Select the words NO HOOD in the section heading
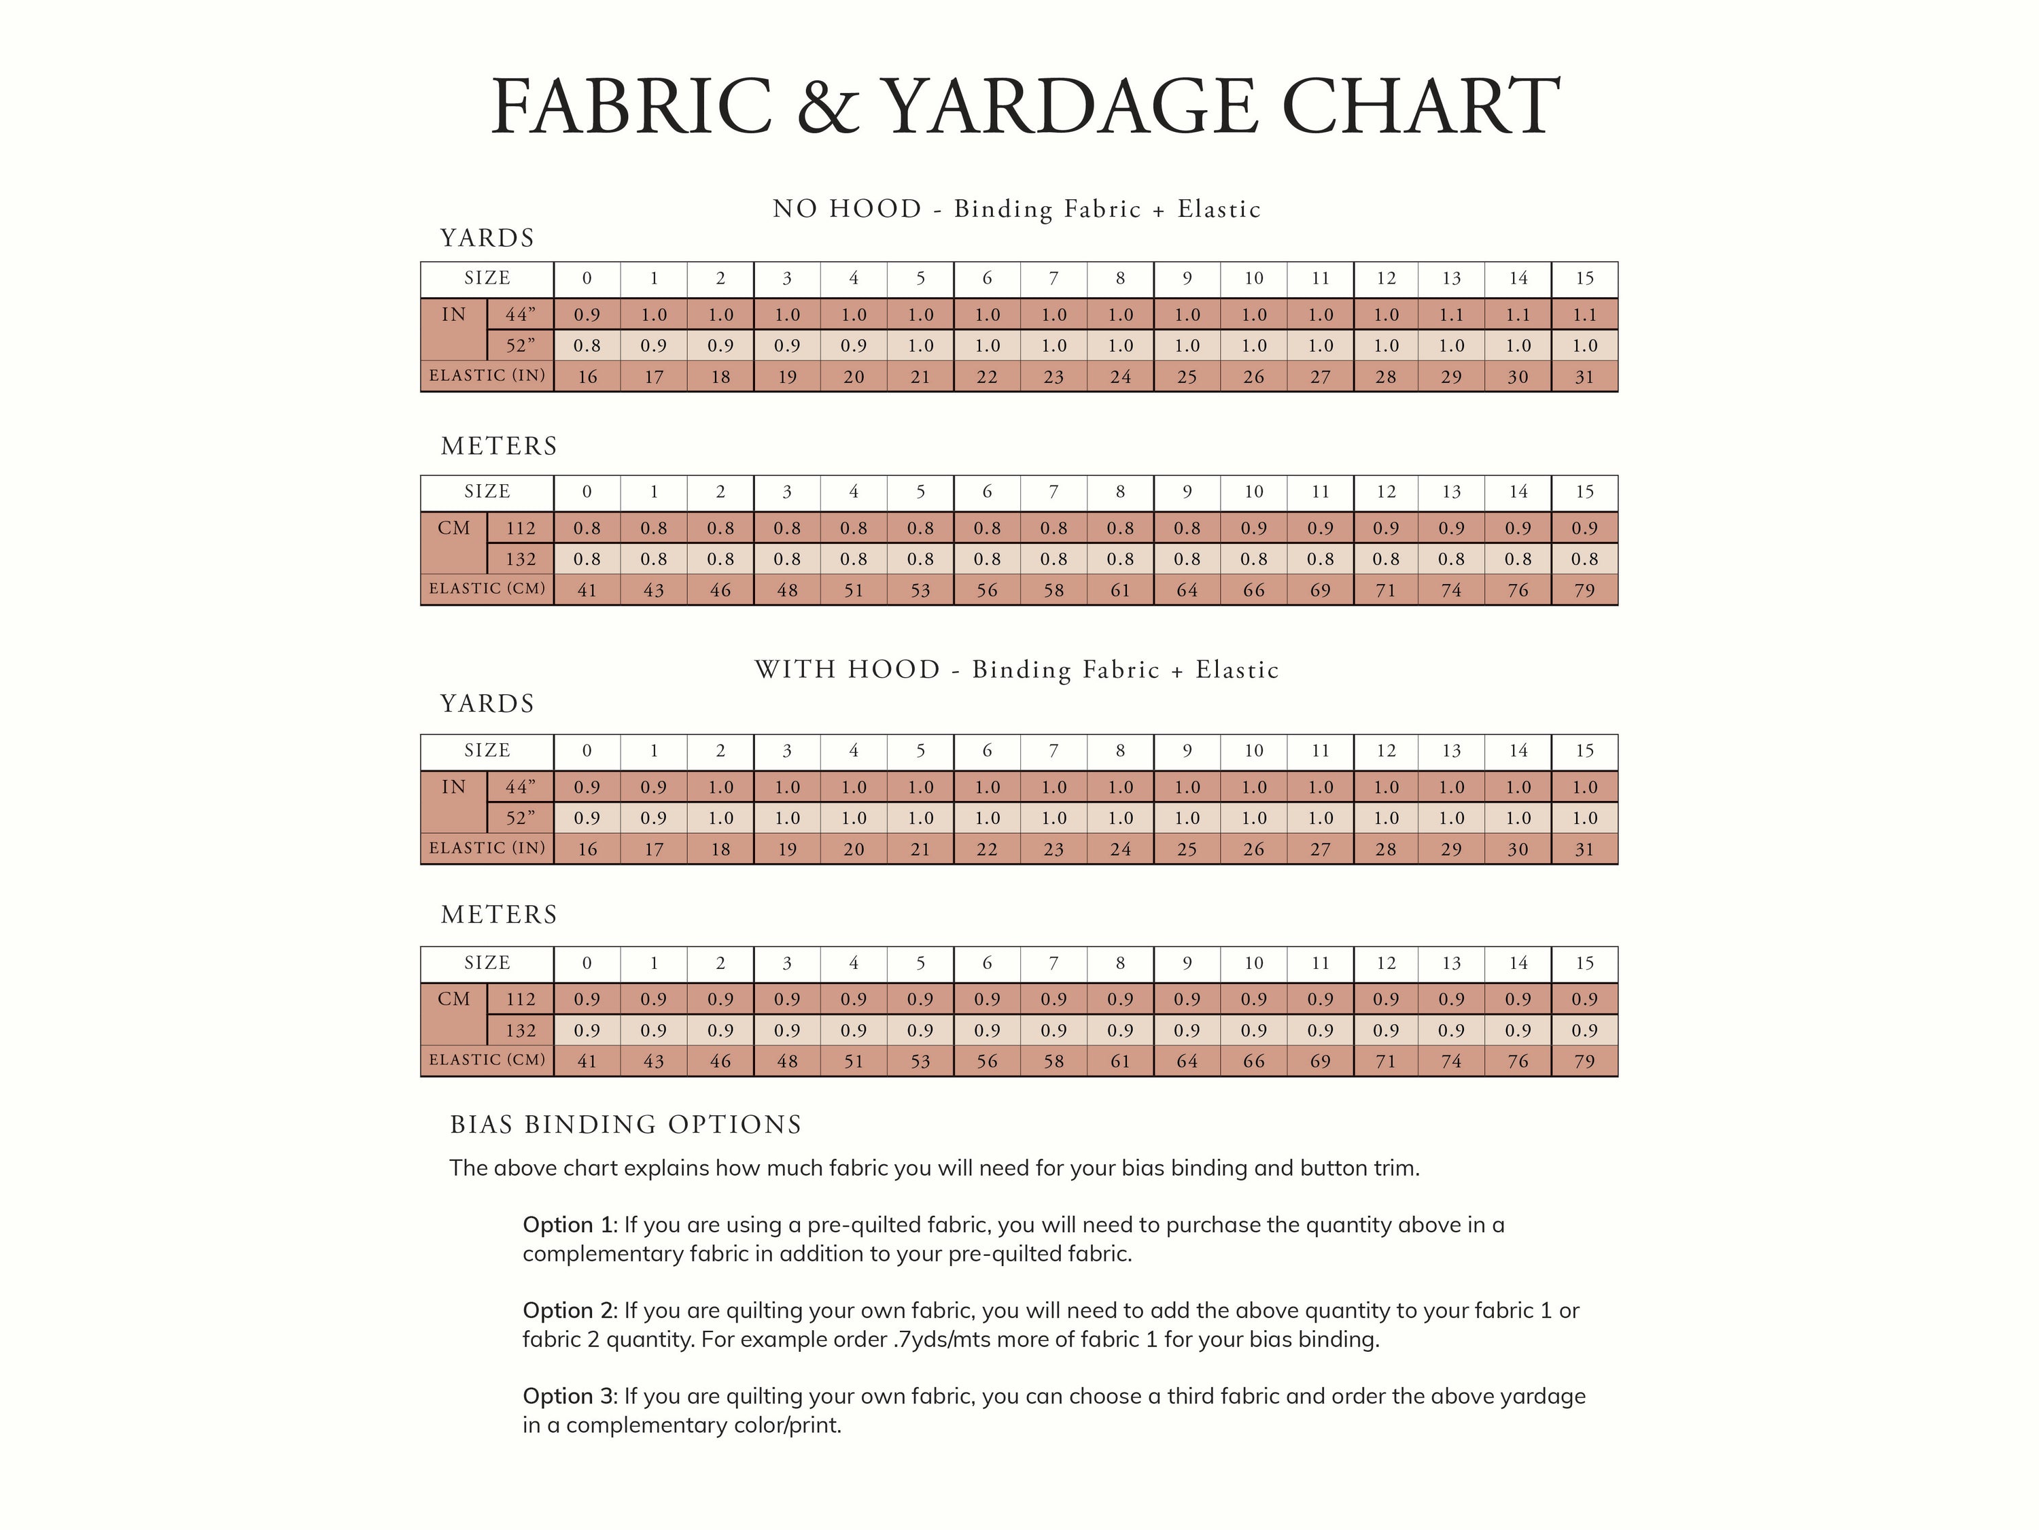coord(847,209)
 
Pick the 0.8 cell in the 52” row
coord(587,347)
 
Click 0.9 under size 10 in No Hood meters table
coord(1253,528)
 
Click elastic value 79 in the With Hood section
coord(1584,1061)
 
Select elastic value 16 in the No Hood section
coord(587,377)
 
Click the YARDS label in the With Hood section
coord(487,704)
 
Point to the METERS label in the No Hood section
coord(499,446)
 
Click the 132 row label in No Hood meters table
coord(521,560)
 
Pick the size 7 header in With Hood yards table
coord(1053,751)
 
